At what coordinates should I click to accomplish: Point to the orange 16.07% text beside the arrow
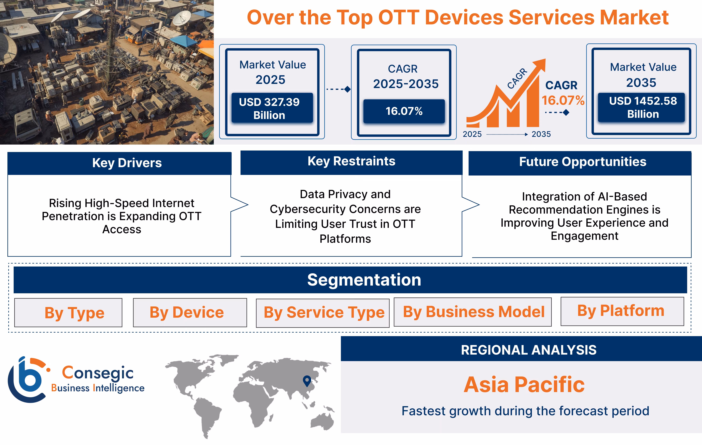tap(563, 100)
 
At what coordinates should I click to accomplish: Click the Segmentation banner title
tap(364, 280)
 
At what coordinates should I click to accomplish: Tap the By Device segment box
tap(190, 312)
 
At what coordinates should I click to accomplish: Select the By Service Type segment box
tap(323, 313)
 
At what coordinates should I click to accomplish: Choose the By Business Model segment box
tap(473, 312)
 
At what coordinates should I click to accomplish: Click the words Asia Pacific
tap(524, 385)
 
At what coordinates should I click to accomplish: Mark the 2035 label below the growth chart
tap(541, 134)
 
